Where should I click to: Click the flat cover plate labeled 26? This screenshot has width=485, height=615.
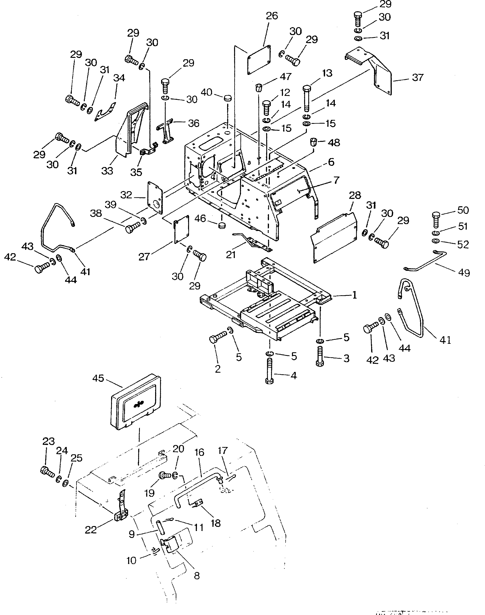[258, 60]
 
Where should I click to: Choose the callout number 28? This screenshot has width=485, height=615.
[355, 195]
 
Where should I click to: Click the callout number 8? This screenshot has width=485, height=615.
[197, 576]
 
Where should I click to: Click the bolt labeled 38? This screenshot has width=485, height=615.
[132, 227]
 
